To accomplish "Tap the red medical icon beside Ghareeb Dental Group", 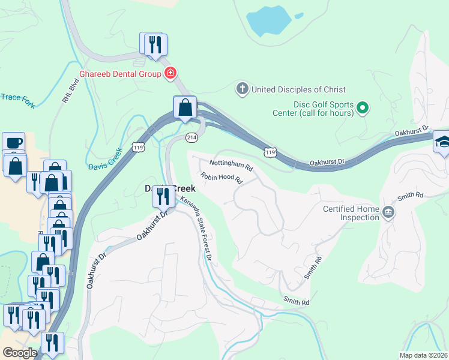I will pos(170,73).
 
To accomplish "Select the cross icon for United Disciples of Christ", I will pos(243,89).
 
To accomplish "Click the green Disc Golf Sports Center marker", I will pos(363,108).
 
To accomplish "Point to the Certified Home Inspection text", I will pos(351,213).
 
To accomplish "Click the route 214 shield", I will pos(191,137).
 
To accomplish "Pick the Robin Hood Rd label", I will pos(221,178).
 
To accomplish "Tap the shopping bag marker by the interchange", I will pos(185,108).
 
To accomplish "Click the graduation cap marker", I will pos(442,142).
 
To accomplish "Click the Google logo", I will pos(20,353).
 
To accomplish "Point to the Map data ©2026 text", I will pos(423,355).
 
